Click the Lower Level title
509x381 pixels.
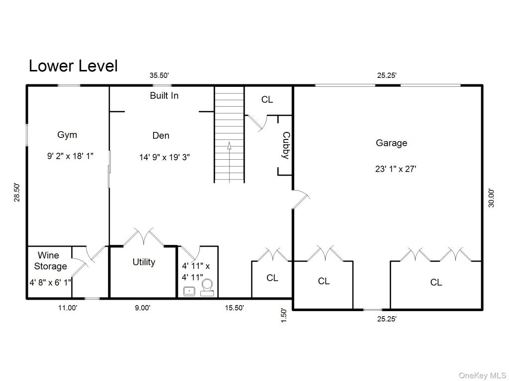click(x=73, y=66)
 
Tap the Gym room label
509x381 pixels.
click(x=67, y=135)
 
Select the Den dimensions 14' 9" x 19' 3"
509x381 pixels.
click(x=165, y=157)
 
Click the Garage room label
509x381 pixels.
click(x=391, y=143)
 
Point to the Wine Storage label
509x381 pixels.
click(x=50, y=260)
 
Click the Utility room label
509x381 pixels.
click(x=144, y=262)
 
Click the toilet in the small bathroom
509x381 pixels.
click(x=207, y=288)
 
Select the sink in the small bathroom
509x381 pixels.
click(x=189, y=291)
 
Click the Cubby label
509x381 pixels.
click(x=286, y=145)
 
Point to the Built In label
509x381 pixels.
click(x=164, y=96)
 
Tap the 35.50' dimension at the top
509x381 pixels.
click(x=159, y=75)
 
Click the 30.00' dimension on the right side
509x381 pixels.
click(x=492, y=198)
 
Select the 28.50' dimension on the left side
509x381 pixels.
click(x=17, y=192)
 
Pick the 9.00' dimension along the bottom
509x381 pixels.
click(x=143, y=308)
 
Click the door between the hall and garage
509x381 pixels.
click(x=301, y=199)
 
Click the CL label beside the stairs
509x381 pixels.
click(x=267, y=100)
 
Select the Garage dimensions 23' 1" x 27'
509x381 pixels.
click(x=396, y=169)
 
